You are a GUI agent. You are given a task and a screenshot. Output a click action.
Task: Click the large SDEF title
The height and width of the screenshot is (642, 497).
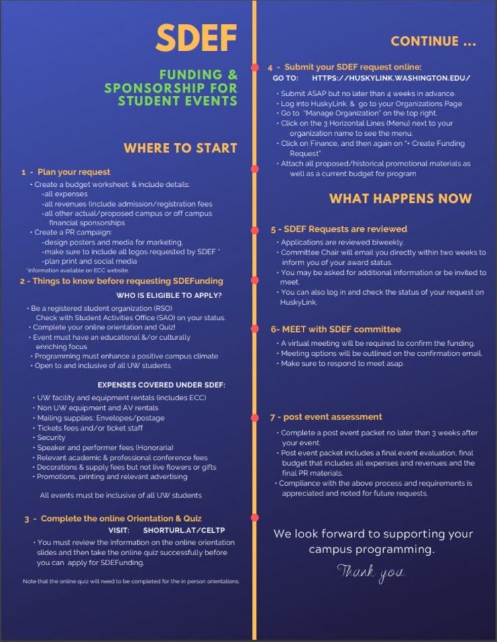[x=196, y=40]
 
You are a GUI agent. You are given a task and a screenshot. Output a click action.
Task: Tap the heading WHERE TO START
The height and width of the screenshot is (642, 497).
[x=180, y=148]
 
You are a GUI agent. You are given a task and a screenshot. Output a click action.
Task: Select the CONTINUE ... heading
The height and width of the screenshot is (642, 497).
[x=433, y=41]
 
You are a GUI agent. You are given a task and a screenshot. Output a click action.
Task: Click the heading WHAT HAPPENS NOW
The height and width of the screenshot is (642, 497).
[x=400, y=198]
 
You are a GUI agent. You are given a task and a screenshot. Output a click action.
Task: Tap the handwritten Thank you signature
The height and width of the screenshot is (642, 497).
[x=371, y=571]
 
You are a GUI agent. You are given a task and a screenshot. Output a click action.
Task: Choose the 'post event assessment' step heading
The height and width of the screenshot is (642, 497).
[x=325, y=417]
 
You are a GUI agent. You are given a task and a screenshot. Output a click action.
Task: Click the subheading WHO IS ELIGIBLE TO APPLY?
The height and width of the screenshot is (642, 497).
[x=169, y=295]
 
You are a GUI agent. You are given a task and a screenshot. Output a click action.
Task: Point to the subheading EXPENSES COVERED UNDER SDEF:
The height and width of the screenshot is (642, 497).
[x=161, y=384]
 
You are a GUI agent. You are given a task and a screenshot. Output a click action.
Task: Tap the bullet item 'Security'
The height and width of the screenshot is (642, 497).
[x=51, y=437]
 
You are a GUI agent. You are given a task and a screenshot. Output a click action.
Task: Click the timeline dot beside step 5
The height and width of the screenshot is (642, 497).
[x=254, y=229]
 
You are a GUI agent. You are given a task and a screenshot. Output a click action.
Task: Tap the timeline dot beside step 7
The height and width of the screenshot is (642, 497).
[x=254, y=417]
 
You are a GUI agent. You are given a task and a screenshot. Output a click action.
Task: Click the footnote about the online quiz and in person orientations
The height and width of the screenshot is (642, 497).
[x=130, y=581]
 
